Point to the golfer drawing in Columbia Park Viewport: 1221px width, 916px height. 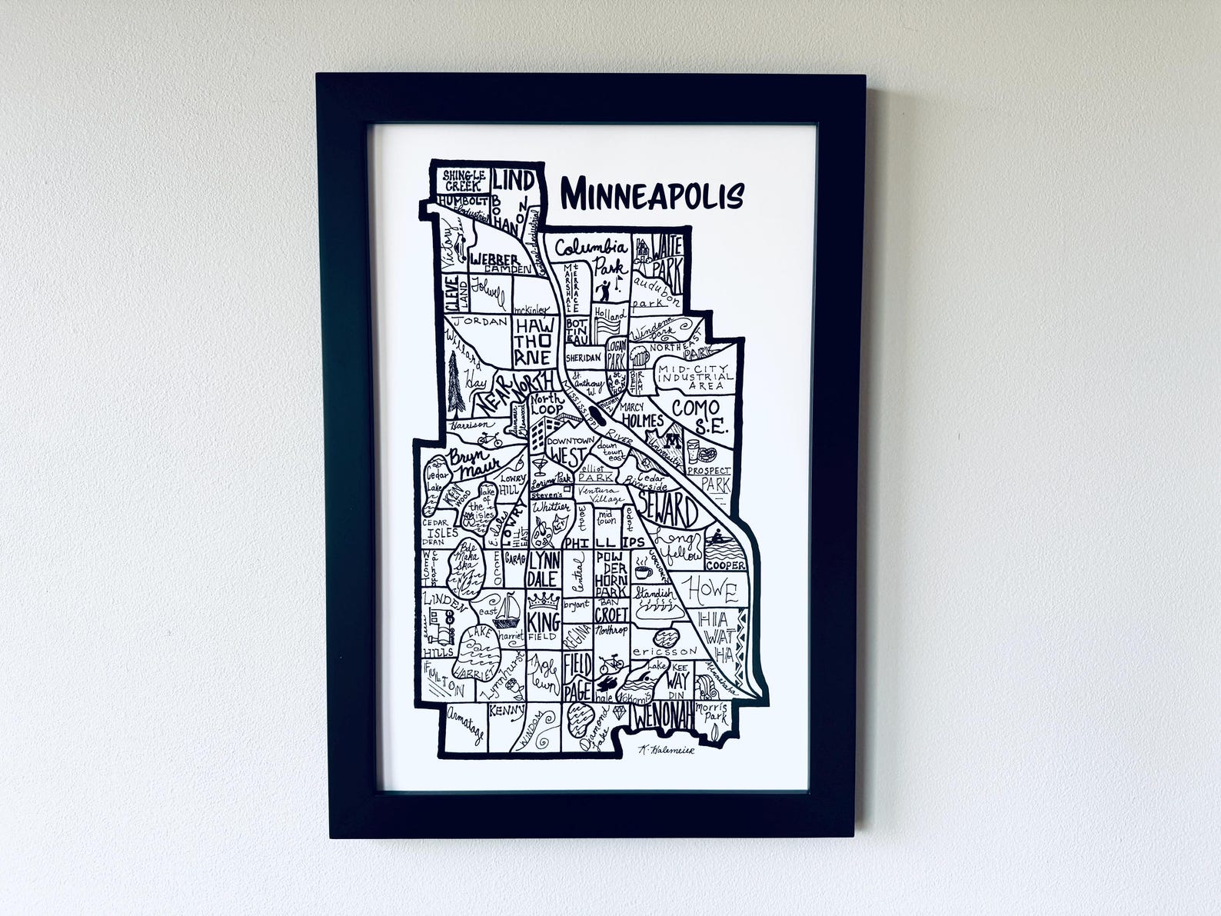click(605, 290)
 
